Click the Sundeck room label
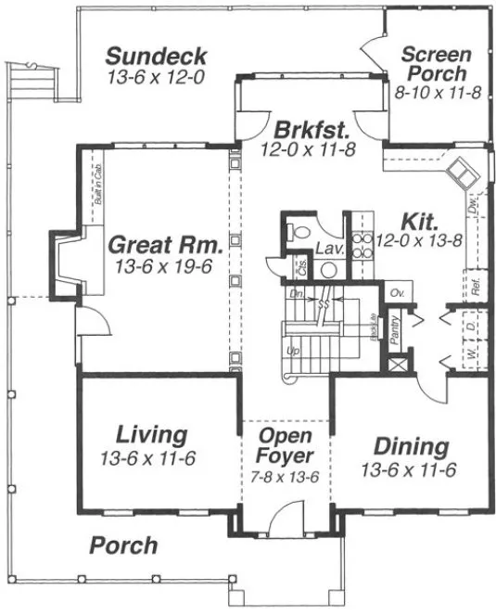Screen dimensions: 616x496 pos(156,56)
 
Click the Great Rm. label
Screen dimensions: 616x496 pos(165,246)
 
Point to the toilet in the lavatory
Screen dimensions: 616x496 pos(297,232)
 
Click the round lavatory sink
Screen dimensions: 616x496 pos(327,269)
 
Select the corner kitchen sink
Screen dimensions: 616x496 pos(461,172)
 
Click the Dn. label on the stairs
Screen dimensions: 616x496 pos(297,293)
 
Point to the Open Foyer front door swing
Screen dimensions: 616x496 pos(290,516)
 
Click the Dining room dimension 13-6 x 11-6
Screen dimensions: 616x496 pos(408,470)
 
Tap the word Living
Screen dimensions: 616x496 pos(152,434)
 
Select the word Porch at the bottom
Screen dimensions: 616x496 pos(123,545)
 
